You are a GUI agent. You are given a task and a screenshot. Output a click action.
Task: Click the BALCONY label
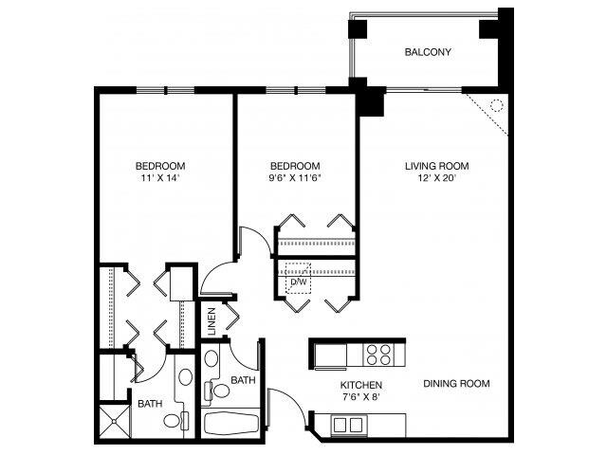(x=427, y=52)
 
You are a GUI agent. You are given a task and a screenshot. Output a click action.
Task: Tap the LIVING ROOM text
(x=436, y=166)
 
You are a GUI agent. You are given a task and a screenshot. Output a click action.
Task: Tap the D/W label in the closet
(x=297, y=282)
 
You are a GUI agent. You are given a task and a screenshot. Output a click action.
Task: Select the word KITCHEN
(x=360, y=385)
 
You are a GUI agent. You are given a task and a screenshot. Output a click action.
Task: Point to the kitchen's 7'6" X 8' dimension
(x=360, y=398)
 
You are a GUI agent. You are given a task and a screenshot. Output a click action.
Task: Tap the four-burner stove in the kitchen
(x=379, y=354)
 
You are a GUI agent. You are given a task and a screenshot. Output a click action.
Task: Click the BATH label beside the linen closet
(x=244, y=381)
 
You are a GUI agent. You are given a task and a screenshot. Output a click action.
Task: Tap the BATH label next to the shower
(x=149, y=404)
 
